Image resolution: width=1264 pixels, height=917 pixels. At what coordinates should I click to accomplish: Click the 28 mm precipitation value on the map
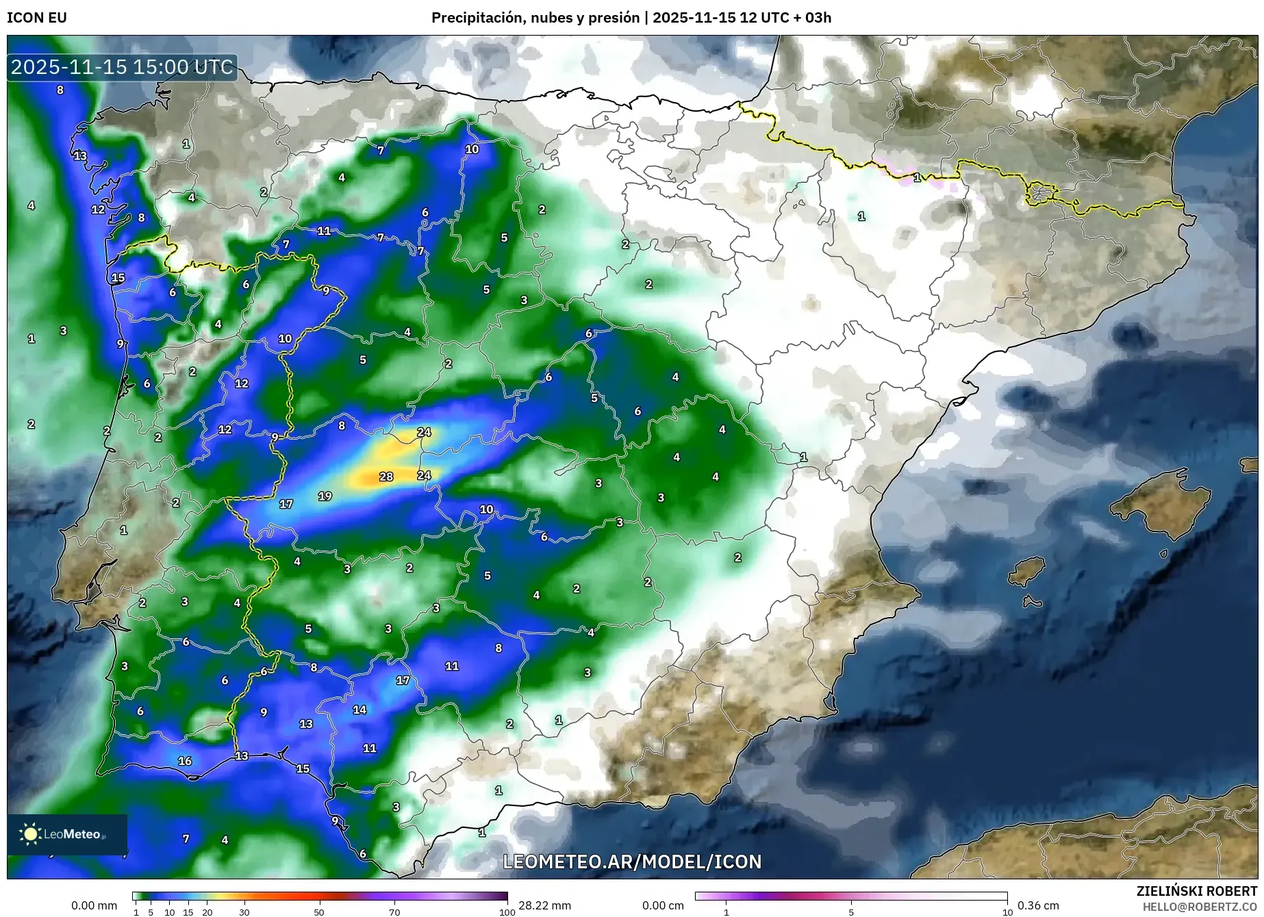386,477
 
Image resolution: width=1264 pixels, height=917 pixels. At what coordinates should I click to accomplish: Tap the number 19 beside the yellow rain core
325,496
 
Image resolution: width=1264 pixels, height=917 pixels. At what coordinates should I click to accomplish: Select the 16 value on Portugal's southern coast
185,761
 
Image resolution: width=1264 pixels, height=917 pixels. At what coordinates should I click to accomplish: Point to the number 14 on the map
359,709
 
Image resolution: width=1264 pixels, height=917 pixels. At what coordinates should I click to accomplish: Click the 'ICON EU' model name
37,18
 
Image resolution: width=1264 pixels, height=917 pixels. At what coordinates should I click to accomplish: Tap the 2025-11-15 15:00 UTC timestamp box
123,67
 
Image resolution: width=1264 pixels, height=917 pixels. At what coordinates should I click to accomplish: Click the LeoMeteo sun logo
30,833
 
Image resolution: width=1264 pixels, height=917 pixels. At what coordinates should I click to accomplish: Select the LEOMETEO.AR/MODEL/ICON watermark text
632,862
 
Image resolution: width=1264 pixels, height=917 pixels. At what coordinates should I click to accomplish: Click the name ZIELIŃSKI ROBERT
1196,891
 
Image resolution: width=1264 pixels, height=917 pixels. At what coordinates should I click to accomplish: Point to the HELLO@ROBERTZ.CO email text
1199,907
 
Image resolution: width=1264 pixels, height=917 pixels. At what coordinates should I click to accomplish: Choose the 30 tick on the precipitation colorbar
244,912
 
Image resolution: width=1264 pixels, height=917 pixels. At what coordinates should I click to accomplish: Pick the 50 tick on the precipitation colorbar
319,912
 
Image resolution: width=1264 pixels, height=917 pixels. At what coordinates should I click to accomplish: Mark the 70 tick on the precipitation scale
394,912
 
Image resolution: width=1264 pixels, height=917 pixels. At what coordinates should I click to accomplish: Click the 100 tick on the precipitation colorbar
507,912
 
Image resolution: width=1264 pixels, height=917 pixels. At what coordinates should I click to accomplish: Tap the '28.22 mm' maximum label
544,905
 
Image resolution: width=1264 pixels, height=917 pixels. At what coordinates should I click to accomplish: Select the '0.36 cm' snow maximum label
1038,905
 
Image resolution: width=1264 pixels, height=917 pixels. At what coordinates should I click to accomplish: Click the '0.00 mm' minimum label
94,905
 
